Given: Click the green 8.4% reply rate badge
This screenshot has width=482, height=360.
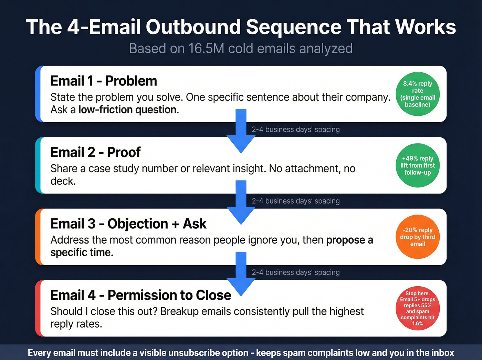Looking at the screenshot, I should click(417, 94).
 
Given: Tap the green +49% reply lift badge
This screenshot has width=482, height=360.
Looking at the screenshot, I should click(417, 165).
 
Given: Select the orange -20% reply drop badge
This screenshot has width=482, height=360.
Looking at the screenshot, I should click(417, 237).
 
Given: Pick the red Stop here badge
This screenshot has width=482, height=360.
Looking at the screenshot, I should click(417, 308).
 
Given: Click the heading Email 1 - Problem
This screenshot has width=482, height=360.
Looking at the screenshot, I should click(104, 81).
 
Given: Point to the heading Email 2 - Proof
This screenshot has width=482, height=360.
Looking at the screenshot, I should click(95, 152).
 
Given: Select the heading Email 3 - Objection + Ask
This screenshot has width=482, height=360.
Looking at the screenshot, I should click(128, 224).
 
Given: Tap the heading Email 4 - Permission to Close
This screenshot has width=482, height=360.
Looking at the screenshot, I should click(140, 295).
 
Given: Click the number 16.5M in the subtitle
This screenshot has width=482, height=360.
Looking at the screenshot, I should click(206, 49).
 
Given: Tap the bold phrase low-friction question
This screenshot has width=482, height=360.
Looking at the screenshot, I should click(128, 110).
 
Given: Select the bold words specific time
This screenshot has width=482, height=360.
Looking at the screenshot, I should click(82, 253).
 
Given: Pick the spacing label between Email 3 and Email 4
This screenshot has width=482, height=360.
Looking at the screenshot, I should click(295, 272).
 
